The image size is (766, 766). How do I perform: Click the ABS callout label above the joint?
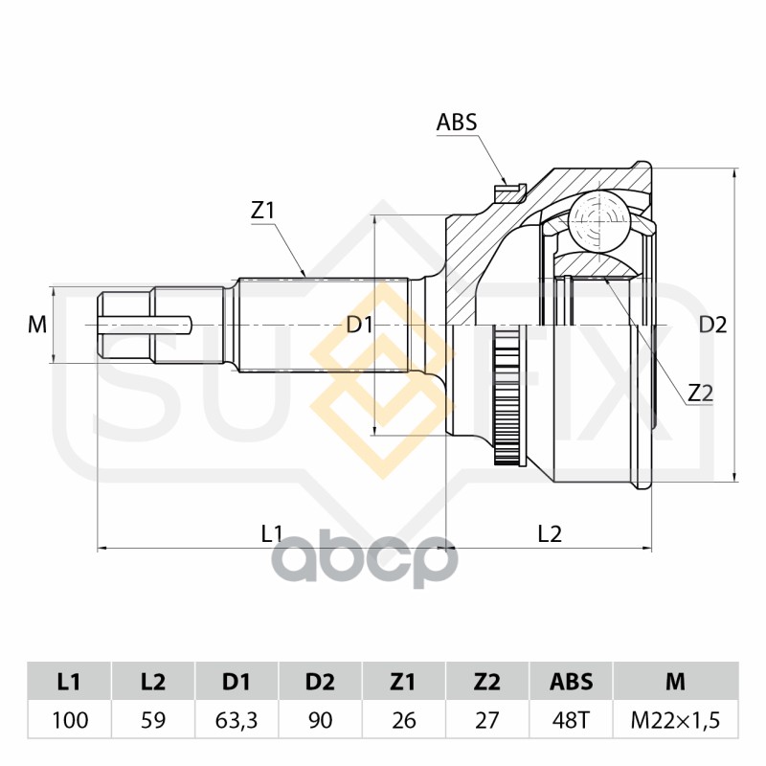click(456, 122)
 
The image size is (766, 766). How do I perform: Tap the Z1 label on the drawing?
click(263, 211)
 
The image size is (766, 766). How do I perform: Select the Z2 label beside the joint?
click(701, 392)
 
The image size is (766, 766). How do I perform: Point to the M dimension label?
click(37, 325)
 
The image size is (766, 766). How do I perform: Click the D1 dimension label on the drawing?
click(360, 325)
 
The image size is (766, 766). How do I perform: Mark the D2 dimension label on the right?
click(712, 325)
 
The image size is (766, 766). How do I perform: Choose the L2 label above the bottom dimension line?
click(549, 533)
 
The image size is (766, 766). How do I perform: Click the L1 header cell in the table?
click(68, 682)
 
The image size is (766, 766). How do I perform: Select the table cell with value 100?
click(68, 719)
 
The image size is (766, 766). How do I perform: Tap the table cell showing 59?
click(152, 719)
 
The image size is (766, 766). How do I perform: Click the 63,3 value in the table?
click(237, 719)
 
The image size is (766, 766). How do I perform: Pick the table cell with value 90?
click(321, 719)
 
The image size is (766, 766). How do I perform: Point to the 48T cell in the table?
click(571, 719)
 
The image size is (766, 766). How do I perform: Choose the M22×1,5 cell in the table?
click(675, 719)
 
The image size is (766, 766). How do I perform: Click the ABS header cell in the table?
click(571, 682)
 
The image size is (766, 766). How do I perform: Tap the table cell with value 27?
click(487, 719)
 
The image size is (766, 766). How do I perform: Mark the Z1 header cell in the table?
click(404, 682)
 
